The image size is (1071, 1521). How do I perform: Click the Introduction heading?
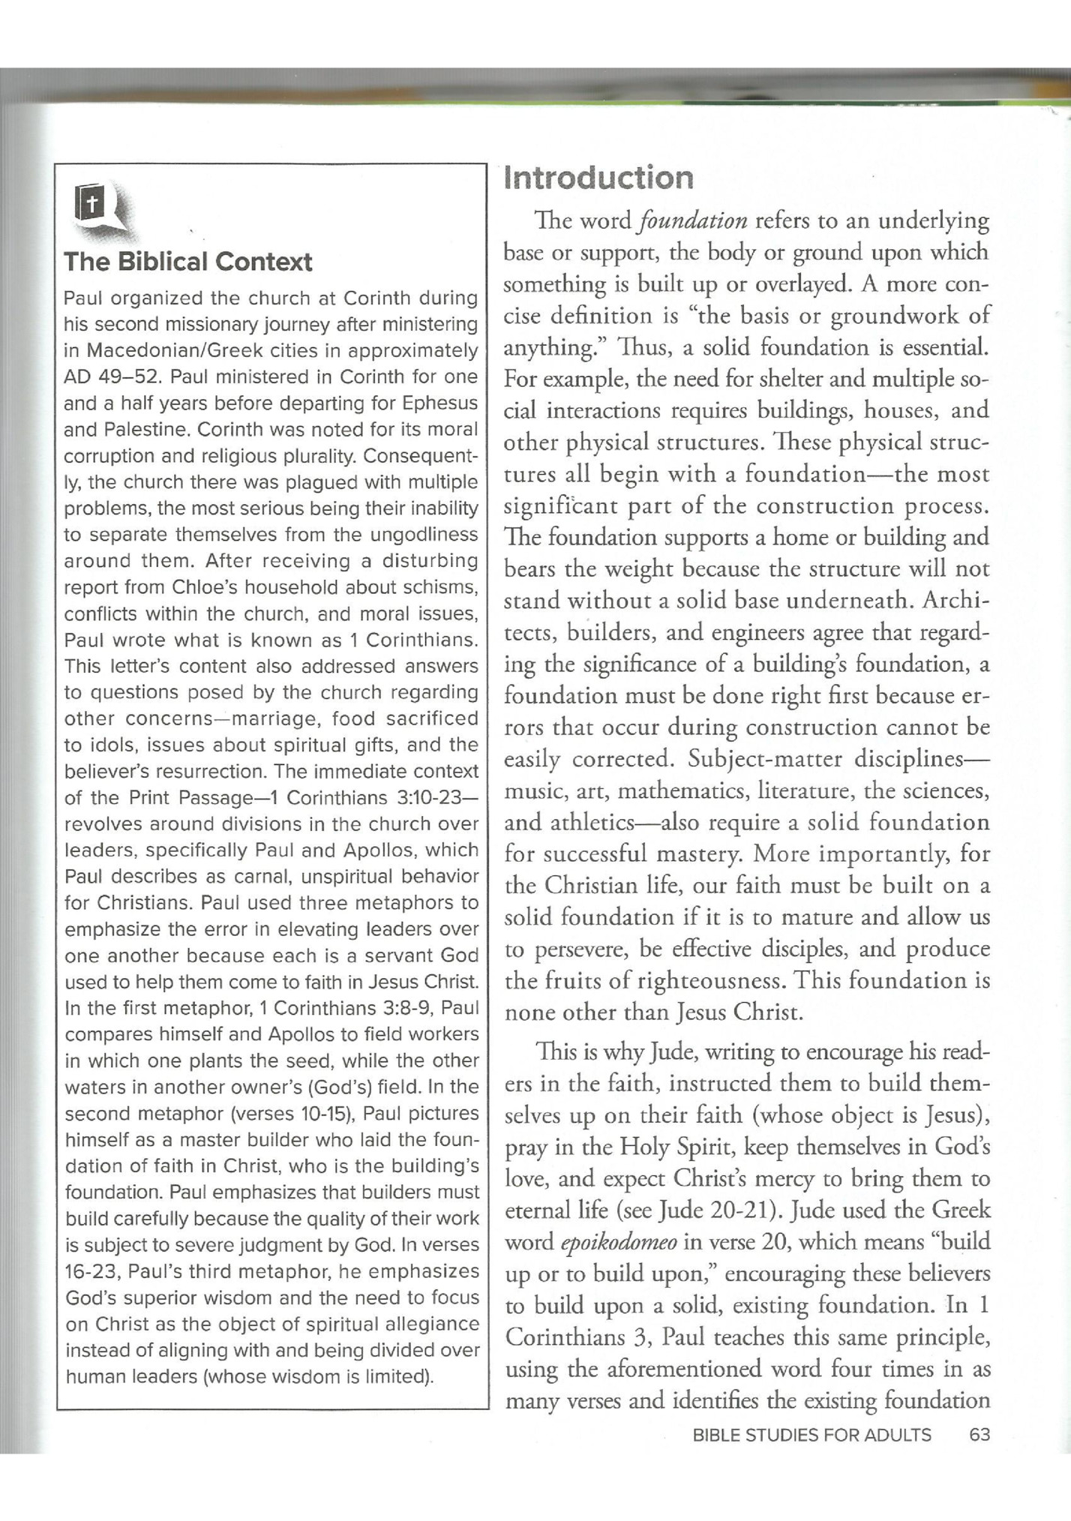[598, 178]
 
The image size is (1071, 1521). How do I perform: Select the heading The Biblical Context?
[187, 262]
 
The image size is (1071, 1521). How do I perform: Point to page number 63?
[979, 1435]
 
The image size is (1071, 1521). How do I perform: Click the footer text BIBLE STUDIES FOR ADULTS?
[811, 1435]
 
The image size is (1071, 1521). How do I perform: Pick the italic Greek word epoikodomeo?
[619, 1241]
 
